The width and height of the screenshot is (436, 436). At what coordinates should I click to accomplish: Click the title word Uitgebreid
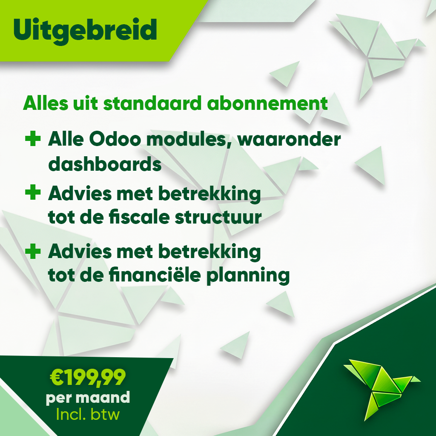click(x=85, y=29)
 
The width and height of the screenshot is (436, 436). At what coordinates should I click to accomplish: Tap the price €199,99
click(x=88, y=376)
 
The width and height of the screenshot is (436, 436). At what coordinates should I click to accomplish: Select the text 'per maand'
click(x=88, y=398)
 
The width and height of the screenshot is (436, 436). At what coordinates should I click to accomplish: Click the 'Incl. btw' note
click(x=88, y=414)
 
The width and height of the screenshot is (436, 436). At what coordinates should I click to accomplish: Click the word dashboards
click(x=105, y=164)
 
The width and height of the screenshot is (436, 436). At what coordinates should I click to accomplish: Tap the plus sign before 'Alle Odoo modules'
click(x=33, y=139)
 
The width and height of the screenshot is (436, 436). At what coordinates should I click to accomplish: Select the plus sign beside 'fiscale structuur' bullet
click(x=33, y=193)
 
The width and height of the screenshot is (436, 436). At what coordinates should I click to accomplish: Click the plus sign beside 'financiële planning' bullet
click(x=33, y=251)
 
